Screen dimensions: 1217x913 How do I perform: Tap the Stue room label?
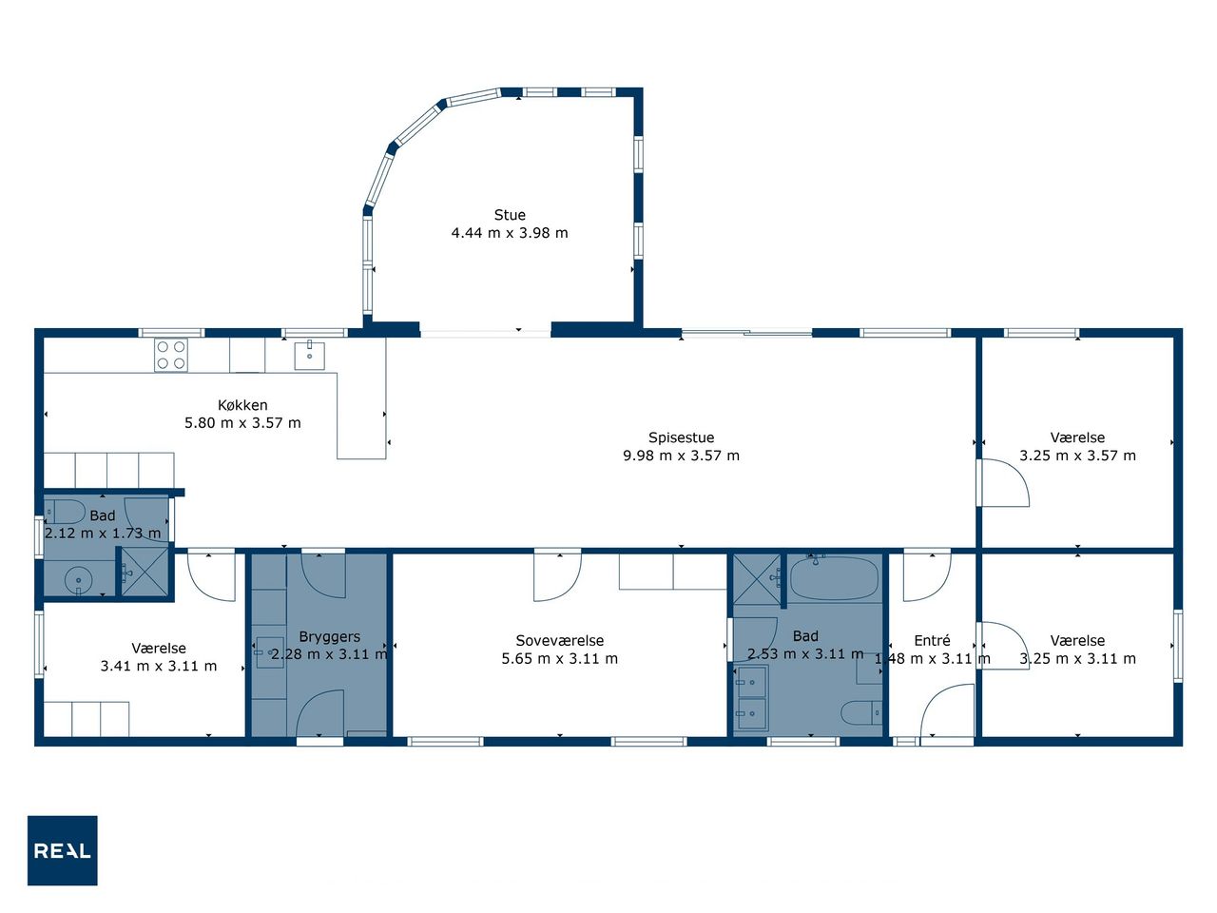coord(510,215)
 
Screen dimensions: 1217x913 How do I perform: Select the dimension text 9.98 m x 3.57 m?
coord(681,456)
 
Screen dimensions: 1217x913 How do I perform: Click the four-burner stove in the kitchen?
coord(171,355)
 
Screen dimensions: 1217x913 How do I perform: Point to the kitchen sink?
coord(309,355)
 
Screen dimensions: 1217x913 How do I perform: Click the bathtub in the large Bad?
coord(834,578)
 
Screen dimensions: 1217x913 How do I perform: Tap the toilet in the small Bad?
coord(65,511)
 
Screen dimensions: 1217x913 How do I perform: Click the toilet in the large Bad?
coord(861,712)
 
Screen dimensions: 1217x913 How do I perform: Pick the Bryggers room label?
coord(329,637)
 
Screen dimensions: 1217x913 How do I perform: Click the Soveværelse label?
coord(559,640)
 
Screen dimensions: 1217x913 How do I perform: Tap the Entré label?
coord(932,640)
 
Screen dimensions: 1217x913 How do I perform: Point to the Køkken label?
coord(242,405)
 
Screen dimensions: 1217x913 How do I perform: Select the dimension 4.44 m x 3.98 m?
coord(510,233)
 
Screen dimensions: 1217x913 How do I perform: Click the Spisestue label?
coord(681,437)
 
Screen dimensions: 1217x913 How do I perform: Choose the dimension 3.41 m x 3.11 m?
coord(158,666)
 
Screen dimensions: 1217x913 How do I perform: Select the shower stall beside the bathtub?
coord(757,579)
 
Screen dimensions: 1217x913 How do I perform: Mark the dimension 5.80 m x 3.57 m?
coord(242,423)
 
